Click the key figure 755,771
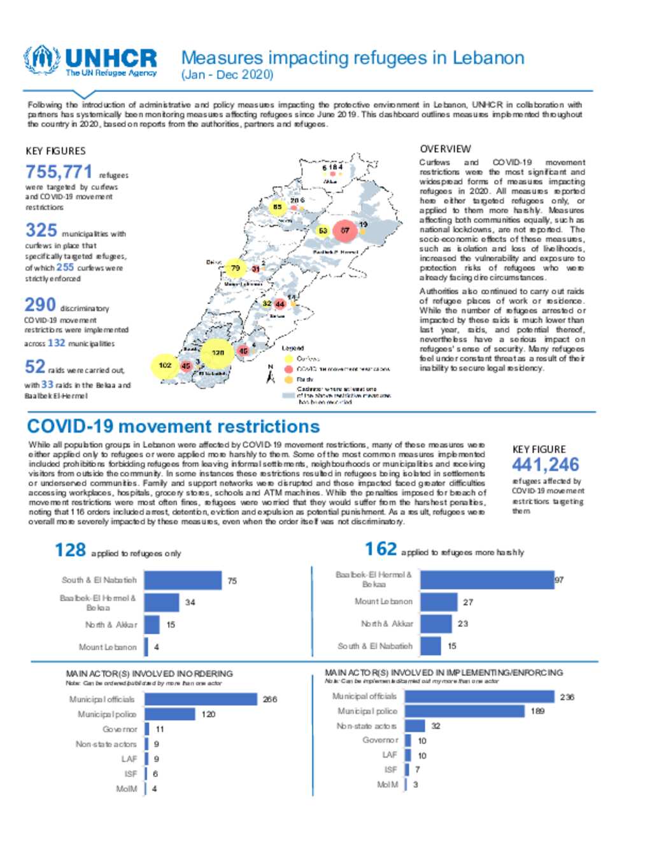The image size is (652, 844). [x=59, y=172]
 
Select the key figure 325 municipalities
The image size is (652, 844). [x=41, y=230]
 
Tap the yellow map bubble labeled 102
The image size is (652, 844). [x=165, y=366]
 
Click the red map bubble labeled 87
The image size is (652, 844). [x=344, y=230]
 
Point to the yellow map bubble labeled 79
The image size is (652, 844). [x=236, y=268]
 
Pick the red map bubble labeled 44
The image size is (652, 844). [x=280, y=304]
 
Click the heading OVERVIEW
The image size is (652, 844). [x=445, y=149]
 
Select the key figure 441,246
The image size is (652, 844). [x=545, y=465]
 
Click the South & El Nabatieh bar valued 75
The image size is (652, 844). [x=183, y=580]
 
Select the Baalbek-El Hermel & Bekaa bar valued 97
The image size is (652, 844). [x=486, y=580]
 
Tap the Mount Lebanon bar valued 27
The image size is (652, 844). [x=439, y=602]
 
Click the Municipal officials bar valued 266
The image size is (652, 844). [x=202, y=699]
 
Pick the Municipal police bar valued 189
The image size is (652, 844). [x=464, y=711]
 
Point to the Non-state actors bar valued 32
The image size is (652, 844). [x=415, y=726]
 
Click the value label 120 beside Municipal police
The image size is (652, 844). [x=208, y=715]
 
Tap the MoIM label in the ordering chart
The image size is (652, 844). [x=126, y=789]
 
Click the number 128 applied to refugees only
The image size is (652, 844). [x=70, y=550]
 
